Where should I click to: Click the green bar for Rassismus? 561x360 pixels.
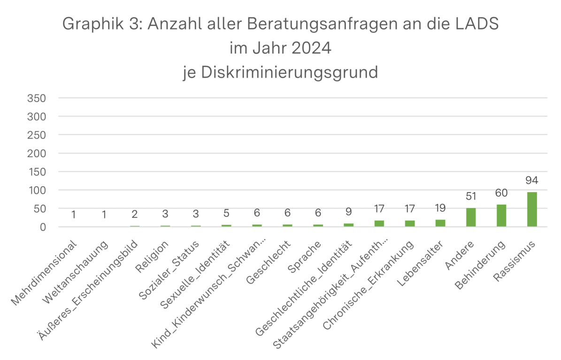click(531, 209)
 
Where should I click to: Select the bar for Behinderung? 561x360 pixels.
click(501, 216)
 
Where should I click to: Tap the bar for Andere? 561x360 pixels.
click(471, 218)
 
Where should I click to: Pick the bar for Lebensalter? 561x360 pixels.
click(440, 223)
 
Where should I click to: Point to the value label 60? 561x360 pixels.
click(501, 193)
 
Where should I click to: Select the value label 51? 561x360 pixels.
click(471, 197)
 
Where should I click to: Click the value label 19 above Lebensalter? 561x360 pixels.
click(440, 208)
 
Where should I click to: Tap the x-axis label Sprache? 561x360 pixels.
click(304, 258)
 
